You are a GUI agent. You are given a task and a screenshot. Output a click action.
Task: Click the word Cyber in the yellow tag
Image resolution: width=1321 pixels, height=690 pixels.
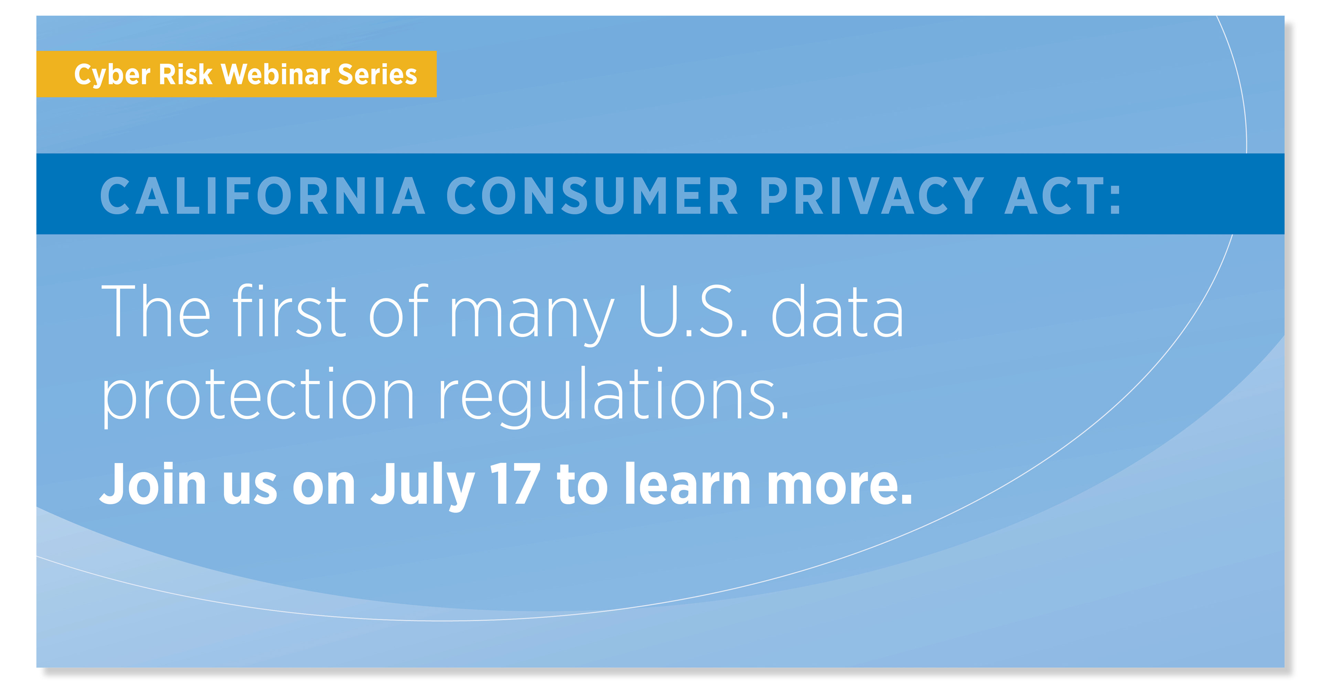[112, 75]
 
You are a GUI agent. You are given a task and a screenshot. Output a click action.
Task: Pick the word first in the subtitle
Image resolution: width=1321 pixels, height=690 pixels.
[290, 311]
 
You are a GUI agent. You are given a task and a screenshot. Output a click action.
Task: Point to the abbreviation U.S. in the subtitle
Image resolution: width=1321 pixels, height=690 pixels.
[693, 311]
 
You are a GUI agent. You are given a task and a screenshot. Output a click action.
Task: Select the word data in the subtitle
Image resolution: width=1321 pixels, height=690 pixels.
[837, 311]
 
